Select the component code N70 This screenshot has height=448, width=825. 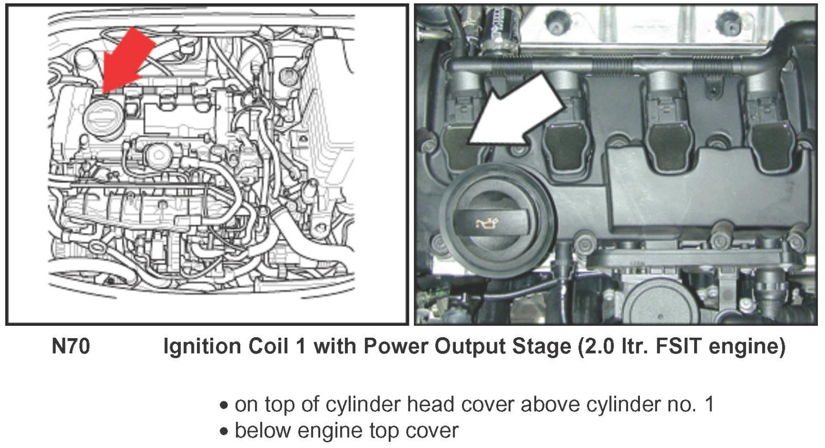coord(71,346)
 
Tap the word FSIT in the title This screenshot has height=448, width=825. coord(679,346)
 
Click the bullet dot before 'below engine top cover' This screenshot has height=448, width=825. coord(224,432)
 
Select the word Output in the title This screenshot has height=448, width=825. coord(471,346)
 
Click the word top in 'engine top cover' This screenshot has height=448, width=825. coord(386,430)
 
